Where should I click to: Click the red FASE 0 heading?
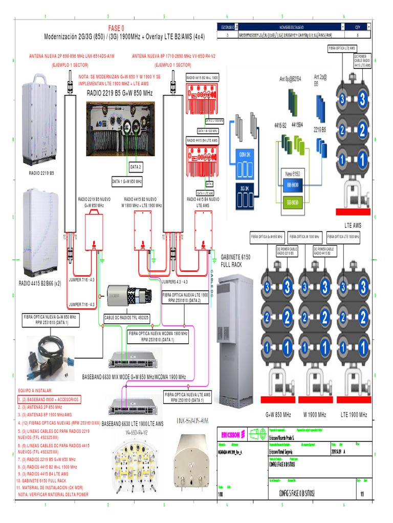coord(116,28)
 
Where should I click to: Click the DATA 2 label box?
coord(135,167)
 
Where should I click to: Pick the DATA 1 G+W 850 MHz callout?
coord(127,181)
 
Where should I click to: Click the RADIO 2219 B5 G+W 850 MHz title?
coord(120,93)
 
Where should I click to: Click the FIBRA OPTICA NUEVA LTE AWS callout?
coord(187,397)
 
